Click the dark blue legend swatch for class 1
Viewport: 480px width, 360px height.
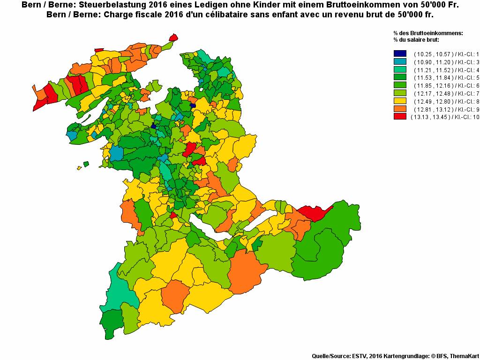click(400, 53)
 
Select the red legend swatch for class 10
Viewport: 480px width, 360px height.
click(400, 117)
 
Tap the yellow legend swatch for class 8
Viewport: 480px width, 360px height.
click(400, 101)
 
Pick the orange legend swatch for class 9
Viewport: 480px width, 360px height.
click(400, 109)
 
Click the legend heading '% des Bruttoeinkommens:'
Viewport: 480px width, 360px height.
click(428, 33)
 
